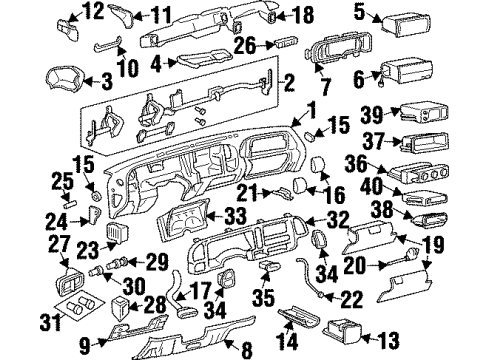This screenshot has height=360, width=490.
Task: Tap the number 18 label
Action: point(304,14)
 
